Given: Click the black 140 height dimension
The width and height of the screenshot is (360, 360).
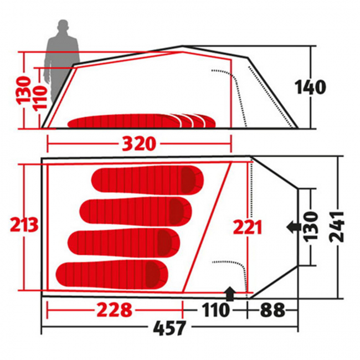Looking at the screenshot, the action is click(x=310, y=88).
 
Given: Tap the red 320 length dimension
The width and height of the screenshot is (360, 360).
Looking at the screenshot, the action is click(x=139, y=144).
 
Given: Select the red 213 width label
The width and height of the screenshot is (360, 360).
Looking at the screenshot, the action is click(x=24, y=224).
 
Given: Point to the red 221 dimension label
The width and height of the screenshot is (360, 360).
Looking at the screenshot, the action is click(x=247, y=227).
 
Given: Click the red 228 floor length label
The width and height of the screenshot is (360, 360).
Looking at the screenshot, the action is click(x=114, y=310).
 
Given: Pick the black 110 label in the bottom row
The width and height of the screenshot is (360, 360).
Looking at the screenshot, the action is click(x=215, y=310).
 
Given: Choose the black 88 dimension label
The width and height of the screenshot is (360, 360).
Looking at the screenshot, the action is click(x=272, y=310).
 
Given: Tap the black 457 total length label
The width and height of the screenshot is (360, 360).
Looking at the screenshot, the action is click(x=169, y=328).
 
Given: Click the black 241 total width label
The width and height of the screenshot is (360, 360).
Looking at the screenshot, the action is click(x=337, y=227).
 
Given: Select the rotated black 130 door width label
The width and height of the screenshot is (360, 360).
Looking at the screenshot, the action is click(x=311, y=226).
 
